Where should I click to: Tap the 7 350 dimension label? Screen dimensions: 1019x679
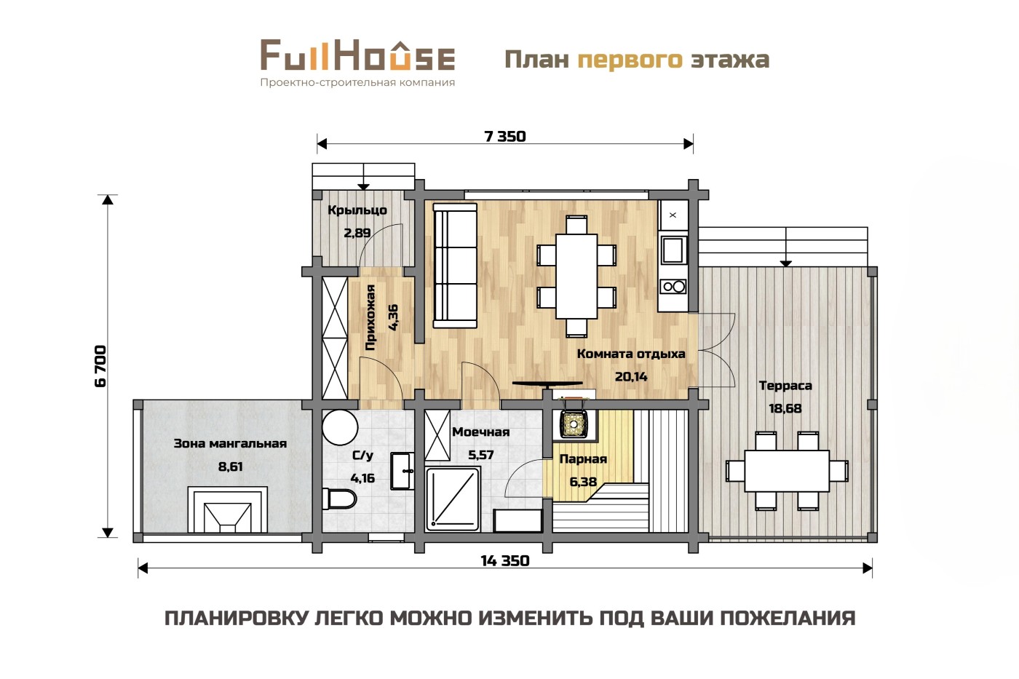click(x=505, y=136)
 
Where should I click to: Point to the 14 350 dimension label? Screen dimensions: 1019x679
click(x=505, y=561)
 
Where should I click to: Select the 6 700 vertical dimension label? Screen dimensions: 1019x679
click(x=100, y=366)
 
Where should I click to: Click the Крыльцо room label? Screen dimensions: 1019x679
click(x=357, y=210)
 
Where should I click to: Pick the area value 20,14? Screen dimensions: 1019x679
click(x=631, y=376)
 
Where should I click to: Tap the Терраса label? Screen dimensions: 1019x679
click(x=785, y=386)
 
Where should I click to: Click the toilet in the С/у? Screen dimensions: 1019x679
click(x=339, y=499)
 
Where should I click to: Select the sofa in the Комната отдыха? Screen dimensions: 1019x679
click(x=455, y=266)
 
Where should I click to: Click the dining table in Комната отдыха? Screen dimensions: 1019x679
click(x=576, y=276)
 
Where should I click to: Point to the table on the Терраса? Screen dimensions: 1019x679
click(x=787, y=471)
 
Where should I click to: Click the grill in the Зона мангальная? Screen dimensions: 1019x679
click(x=227, y=509)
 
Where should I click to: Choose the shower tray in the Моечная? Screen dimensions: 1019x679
click(x=453, y=499)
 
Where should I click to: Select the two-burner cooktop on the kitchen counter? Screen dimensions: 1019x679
click(x=674, y=287)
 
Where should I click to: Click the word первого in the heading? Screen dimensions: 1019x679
click(x=630, y=60)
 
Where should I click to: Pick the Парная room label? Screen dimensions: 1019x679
click(x=583, y=459)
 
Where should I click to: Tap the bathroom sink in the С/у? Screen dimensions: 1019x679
click(x=403, y=471)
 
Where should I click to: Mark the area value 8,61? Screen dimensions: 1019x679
click(x=230, y=466)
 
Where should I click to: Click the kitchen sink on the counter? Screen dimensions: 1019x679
click(x=673, y=250)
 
